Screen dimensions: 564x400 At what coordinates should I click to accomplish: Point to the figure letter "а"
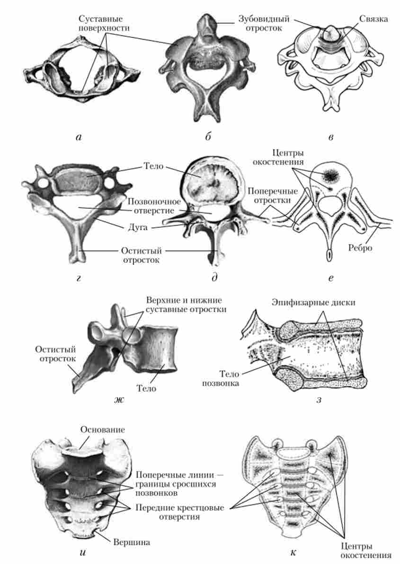pos(79,138)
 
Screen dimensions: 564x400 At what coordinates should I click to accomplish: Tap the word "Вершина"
pos(132,542)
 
